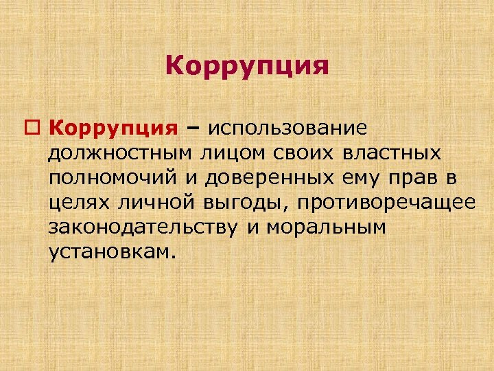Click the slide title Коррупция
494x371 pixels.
pos(247,67)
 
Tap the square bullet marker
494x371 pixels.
pos(36,128)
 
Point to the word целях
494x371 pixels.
pos(77,203)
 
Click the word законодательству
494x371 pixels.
pos(143,228)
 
